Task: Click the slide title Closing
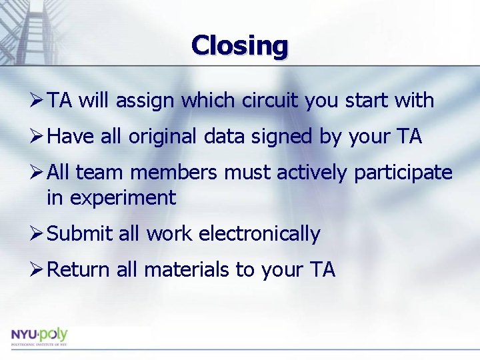(240, 46)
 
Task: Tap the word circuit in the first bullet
(267, 101)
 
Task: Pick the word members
(174, 173)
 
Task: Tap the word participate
(403, 173)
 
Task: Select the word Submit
(80, 234)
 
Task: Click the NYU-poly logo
(39, 336)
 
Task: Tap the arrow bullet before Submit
(38, 234)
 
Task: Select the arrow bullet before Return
(38, 270)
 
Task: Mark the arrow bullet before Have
(38, 137)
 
